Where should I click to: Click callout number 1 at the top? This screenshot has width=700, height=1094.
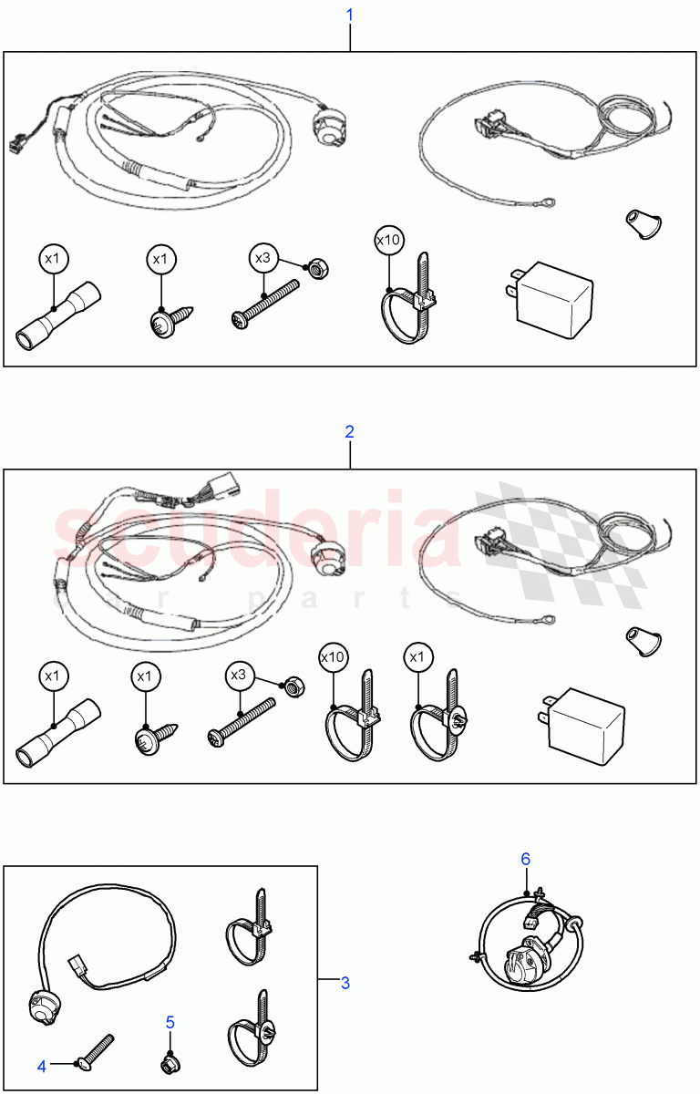pyautogui.click(x=349, y=15)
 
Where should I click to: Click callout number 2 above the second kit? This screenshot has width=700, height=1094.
pyautogui.click(x=349, y=431)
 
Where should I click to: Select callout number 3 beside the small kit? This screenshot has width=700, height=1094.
pyautogui.click(x=345, y=983)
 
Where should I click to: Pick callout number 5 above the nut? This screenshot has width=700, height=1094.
pyautogui.click(x=170, y=1022)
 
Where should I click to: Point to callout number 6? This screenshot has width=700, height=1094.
pyautogui.click(x=525, y=859)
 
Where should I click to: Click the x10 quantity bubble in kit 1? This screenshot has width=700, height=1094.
pyautogui.click(x=388, y=242)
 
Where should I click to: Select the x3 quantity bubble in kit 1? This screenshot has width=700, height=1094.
pyautogui.click(x=262, y=258)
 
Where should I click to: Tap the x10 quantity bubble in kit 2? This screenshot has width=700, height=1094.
pyautogui.click(x=333, y=656)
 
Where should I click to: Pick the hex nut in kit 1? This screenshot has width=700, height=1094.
pyautogui.click(x=319, y=269)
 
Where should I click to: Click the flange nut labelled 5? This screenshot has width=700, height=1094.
pyautogui.click(x=169, y=1063)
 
